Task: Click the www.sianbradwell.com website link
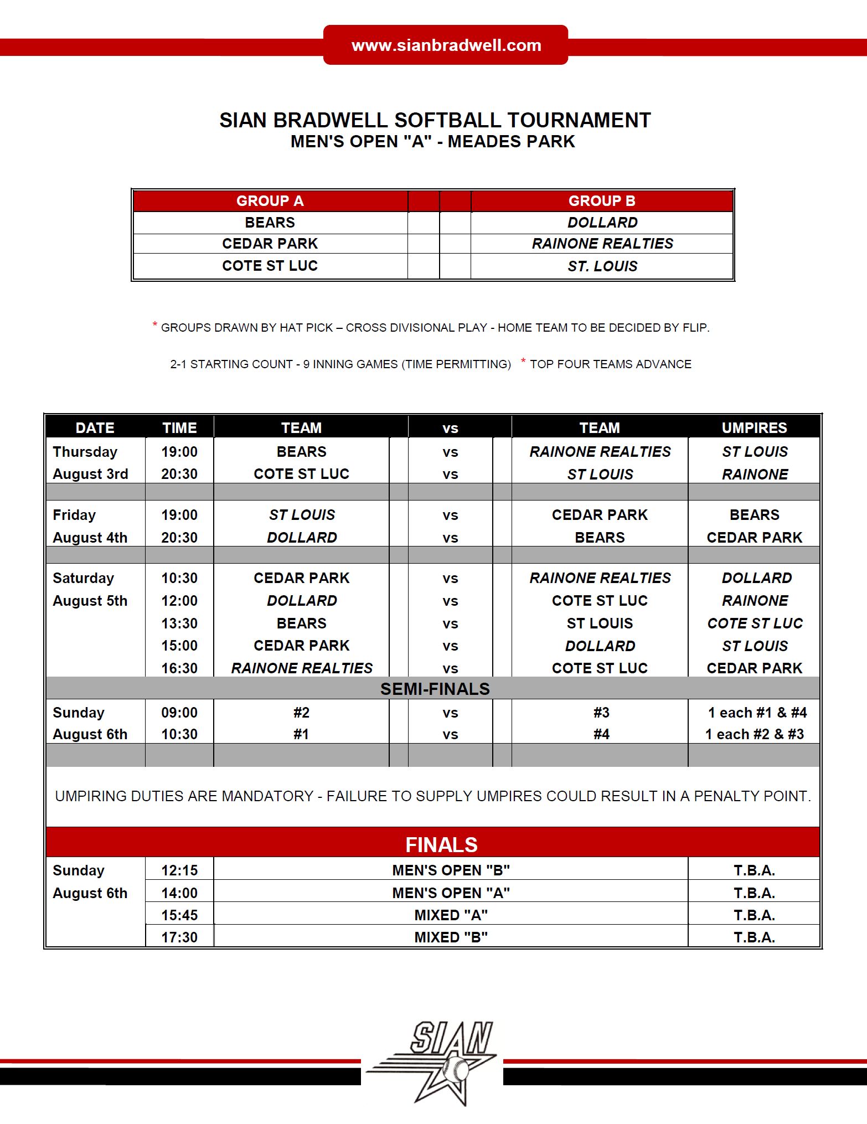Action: point(446,45)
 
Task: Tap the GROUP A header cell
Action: point(270,201)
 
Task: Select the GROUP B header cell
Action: point(602,201)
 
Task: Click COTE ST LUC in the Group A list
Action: point(270,266)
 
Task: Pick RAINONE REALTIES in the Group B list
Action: point(602,244)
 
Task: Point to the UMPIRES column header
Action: point(754,428)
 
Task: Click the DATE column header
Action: point(95,428)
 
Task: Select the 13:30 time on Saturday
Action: point(179,623)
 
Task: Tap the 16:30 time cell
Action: point(179,668)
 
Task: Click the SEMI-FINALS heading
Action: point(435,689)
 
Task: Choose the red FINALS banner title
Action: point(441,845)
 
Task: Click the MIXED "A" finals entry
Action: point(451,915)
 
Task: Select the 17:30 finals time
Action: point(179,937)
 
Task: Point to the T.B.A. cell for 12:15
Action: point(754,870)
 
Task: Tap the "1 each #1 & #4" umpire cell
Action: point(757,713)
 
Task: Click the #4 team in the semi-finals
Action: point(601,734)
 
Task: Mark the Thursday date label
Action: point(85,452)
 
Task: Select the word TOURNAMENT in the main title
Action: point(579,120)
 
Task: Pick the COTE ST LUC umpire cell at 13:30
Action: point(755,623)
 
